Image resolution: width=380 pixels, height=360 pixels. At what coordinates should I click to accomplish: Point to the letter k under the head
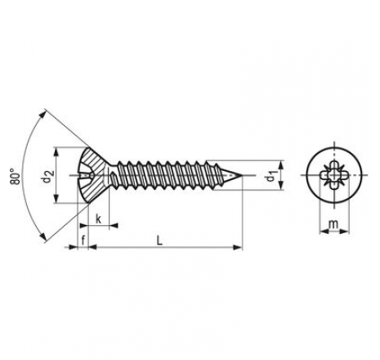pos(98,218)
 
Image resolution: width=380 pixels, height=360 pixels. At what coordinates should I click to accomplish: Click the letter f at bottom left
pos(83,240)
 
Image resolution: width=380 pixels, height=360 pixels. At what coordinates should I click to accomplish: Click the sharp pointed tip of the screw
pos(244,175)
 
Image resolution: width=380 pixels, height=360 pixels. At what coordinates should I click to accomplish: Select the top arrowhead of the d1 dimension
pos(281,164)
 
